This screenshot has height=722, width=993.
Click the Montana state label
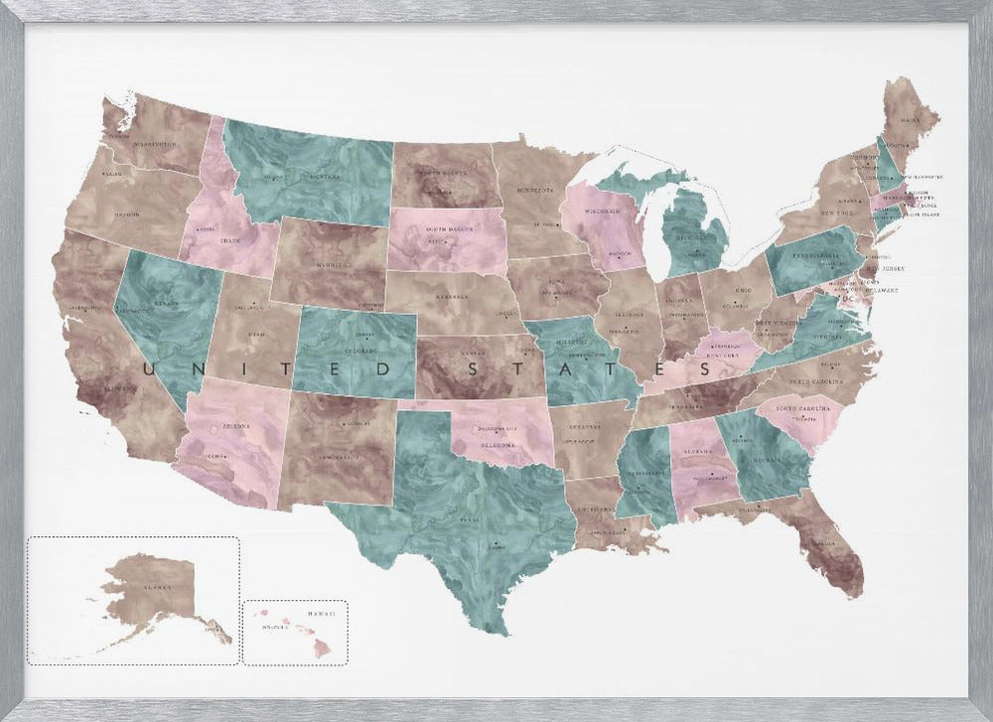327,177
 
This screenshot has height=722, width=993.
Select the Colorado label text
359,350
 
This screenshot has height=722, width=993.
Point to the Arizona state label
236,425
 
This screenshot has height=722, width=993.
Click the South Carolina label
803,408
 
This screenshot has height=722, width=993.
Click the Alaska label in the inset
156,587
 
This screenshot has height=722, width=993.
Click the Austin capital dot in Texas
494,544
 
